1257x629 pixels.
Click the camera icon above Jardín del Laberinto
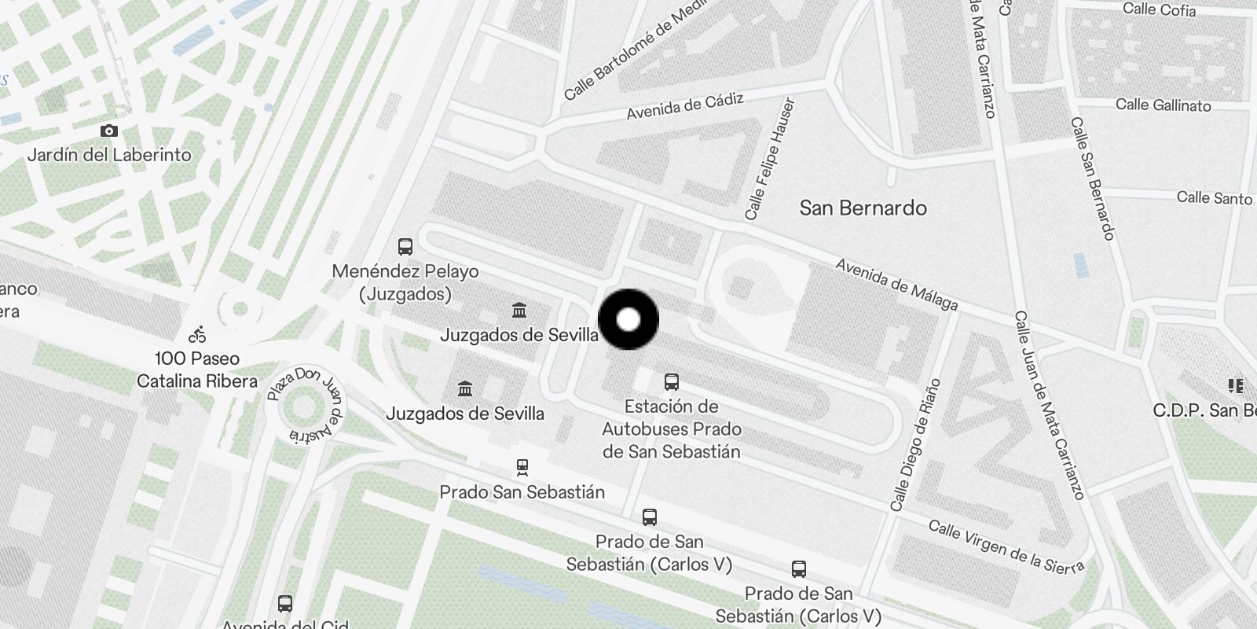109,131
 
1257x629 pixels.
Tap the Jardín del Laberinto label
109,155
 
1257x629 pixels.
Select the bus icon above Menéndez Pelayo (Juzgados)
405,247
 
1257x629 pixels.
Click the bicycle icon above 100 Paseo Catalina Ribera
197,335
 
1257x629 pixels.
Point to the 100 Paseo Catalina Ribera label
197,370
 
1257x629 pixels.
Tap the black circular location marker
628,319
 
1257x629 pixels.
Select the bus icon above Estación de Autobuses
672,383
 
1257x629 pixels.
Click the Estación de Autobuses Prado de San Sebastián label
672,429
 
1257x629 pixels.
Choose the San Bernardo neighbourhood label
863,208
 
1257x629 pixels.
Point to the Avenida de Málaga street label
896,285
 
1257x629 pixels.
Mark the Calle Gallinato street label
1163,105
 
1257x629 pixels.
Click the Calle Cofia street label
1159,9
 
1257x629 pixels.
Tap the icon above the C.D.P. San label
1235,386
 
